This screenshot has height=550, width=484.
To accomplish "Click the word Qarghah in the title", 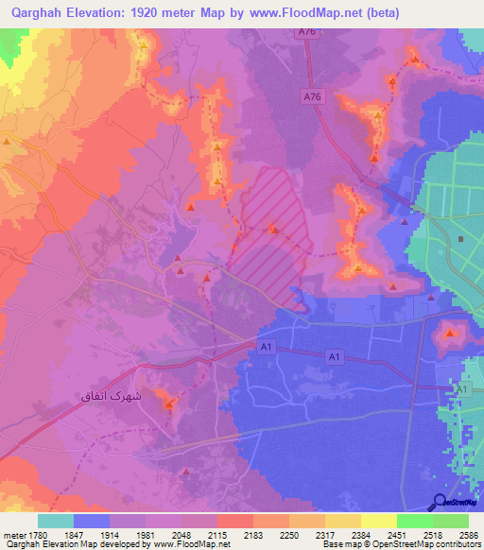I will click(x=42, y=13).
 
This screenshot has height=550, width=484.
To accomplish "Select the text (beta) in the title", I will click(x=378, y=13).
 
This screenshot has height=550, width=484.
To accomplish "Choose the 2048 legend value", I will click(x=182, y=535).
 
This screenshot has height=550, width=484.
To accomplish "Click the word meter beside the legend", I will click(x=12, y=535).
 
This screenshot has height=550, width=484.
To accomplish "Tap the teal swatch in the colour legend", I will click(x=56, y=521).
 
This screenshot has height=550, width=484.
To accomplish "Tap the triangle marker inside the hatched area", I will click(x=273, y=229).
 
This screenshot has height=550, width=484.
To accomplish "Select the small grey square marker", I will click(x=460, y=239).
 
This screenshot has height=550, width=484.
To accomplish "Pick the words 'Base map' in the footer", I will click(x=337, y=545).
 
